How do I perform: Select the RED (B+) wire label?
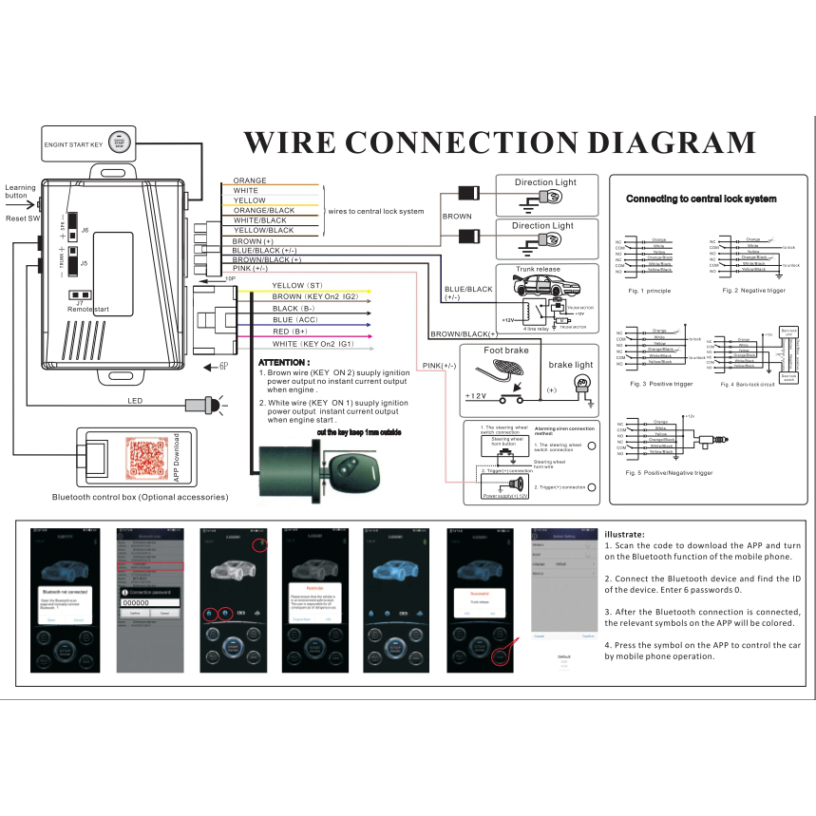tap(290, 332)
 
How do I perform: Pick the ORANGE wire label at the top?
tap(250, 180)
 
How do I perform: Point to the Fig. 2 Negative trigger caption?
tap(753, 290)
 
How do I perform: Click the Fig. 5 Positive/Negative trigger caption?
tap(669, 472)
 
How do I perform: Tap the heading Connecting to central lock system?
tap(700, 199)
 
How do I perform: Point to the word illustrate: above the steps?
tap(624, 534)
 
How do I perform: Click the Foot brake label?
tap(505, 351)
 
